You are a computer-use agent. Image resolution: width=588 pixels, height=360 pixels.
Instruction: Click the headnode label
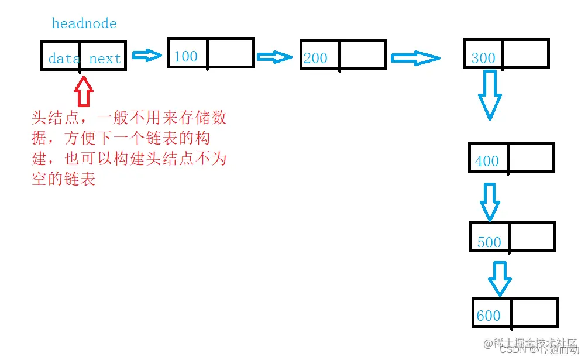coord(84,23)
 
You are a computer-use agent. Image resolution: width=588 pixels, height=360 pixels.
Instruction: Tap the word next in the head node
coord(105,59)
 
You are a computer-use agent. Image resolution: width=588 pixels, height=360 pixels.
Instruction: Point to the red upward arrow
coord(84,92)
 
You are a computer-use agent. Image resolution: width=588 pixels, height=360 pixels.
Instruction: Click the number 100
coord(185,56)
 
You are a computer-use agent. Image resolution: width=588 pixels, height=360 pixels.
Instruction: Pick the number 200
coord(315,58)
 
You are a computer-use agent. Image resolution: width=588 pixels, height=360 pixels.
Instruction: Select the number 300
coord(483,58)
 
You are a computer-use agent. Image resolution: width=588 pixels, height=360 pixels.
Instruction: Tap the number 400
coord(487,161)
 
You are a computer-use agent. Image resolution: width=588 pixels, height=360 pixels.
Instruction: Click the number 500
coord(489,242)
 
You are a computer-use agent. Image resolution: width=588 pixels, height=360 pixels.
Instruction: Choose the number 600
coord(488,316)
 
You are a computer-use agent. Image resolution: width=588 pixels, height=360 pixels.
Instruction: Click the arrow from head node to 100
coord(147,56)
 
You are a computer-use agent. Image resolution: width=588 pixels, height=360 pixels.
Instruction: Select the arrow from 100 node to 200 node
coord(274,57)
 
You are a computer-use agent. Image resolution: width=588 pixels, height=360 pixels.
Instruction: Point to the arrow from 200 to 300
coord(415,58)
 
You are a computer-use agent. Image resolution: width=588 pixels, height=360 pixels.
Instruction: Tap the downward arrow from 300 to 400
coord(490,95)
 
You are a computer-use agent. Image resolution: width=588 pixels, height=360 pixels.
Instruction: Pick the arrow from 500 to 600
coord(499,278)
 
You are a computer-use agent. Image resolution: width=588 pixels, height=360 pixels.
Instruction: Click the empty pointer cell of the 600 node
coord(534,313)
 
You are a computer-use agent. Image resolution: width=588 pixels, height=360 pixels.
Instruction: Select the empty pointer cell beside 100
coord(230,53)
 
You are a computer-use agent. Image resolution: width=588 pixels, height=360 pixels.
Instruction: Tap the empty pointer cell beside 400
coord(530,158)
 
